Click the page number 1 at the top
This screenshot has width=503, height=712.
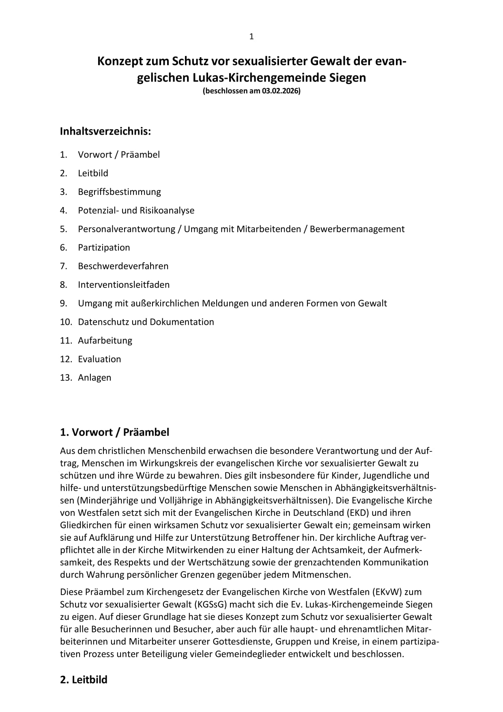point(251,37)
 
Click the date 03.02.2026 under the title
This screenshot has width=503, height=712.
point(280,91)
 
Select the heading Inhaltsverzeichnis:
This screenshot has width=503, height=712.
point(105,131)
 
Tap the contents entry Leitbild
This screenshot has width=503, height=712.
point(93,173)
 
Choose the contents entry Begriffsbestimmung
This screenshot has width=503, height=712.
point(119,192)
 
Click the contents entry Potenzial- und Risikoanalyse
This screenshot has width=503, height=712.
point(136,210)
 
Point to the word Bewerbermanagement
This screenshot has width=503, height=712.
point(357,229)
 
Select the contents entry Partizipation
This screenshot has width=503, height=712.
point(104,248)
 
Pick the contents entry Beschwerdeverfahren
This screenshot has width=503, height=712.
point(123,266)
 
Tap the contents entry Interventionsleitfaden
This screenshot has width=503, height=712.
point(124,285)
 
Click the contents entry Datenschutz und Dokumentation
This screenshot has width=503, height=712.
point(146,322)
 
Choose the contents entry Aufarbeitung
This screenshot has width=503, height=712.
point(105,341)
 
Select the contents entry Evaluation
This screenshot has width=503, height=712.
point(99,359)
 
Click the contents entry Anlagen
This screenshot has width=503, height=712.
point(95,378)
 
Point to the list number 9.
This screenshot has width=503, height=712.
point(63,303)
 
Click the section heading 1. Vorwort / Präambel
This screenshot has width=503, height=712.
point(114,432)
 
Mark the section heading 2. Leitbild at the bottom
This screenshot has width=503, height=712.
point(84,680)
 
